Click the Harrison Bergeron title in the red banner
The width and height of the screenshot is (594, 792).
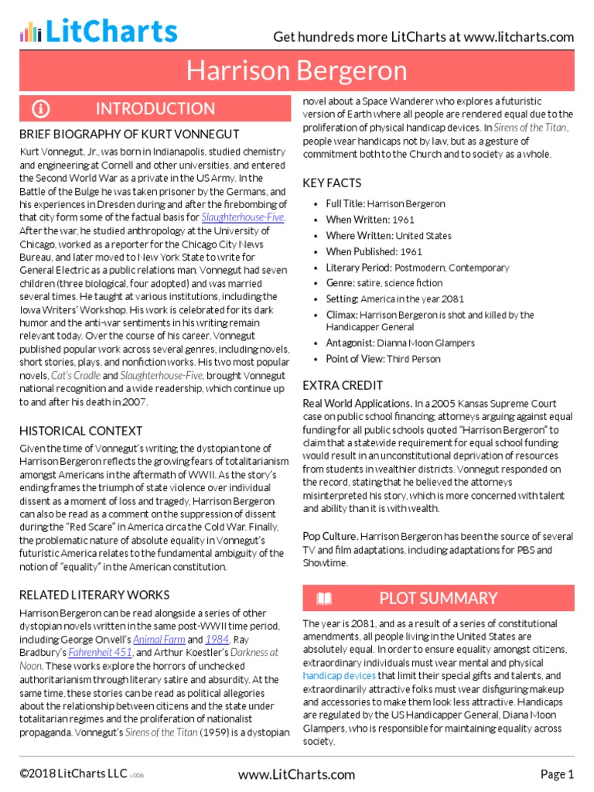pos(297,71)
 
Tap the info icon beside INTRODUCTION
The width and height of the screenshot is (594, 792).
pos(40,108)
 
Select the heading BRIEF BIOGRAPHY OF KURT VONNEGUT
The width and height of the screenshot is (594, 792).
pos(129,134)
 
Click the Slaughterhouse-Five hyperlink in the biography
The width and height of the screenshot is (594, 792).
pos(243,217)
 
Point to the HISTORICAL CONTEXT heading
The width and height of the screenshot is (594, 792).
pos(80,431)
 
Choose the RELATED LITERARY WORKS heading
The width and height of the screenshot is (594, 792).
pos(94,595)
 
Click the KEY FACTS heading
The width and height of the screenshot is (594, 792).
pos(333,183)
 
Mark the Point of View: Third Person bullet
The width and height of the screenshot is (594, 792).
pos(383,359)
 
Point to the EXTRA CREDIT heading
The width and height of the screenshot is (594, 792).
pos(343,384)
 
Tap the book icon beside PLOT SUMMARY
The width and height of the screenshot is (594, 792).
pos(325,598)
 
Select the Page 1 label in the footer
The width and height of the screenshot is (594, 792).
pos(557,774)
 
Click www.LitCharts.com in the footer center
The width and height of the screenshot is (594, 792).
pos(297,774)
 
